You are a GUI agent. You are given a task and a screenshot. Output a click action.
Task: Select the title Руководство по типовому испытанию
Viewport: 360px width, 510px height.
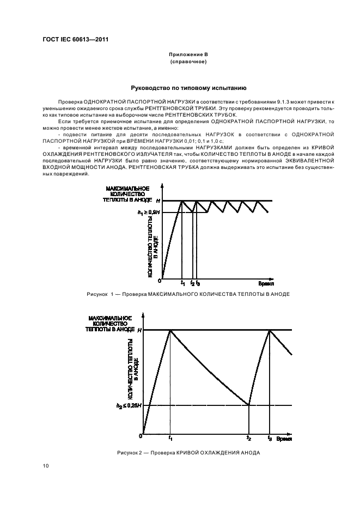click(188, 87)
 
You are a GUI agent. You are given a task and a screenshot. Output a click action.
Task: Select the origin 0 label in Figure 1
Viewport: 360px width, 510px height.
click(160, 281)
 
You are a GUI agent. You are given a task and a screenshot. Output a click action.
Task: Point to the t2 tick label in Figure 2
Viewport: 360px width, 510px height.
click(249, 438)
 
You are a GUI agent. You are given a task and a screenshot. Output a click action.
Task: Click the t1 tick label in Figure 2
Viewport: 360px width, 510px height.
click(170, 438)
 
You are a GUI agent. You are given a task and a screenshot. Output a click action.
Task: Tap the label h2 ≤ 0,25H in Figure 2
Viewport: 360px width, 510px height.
click(129, 405)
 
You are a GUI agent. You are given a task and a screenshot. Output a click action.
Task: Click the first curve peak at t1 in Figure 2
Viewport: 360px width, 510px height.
click(170, 330)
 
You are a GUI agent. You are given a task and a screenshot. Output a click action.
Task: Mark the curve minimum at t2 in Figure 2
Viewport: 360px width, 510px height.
click(249, 405)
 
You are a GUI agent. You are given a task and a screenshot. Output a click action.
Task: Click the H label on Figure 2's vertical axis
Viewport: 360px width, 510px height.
click(139, 330)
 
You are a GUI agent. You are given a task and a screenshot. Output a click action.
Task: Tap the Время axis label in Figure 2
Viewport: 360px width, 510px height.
click(284, 438)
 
